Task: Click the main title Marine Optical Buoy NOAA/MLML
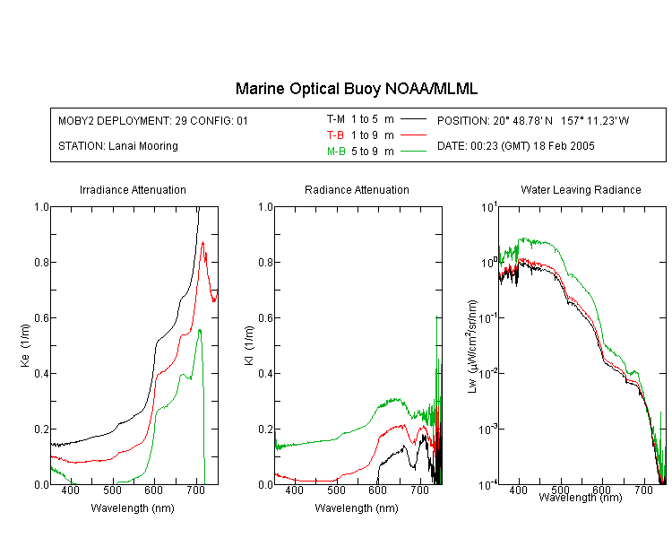pos(356,89)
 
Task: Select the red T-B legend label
pos(335,135)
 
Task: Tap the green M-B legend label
pos(336,152)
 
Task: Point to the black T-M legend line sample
pos(413,119)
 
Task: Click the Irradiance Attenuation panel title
pos(133,189)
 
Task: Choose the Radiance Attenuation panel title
pos(357,189)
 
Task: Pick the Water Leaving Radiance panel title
pos(581,189)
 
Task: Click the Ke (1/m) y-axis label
pos(25,345)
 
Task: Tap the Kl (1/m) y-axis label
pos(249,345)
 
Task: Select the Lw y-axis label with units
pos(472,346)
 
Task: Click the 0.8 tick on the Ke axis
pos(41,262)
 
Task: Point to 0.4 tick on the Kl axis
pos(266,373)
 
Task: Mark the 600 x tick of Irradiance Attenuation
pos(154,490)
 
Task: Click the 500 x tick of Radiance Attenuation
pos(336,490)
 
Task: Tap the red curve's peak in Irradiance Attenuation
pos(202,242)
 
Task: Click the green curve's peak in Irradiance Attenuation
pos(199,330)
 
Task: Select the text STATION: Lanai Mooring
pos(118,146)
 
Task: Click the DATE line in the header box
pos(515,146)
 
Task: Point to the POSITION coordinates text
pos(533,120)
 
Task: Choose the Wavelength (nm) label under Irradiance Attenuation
pos(133,508)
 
